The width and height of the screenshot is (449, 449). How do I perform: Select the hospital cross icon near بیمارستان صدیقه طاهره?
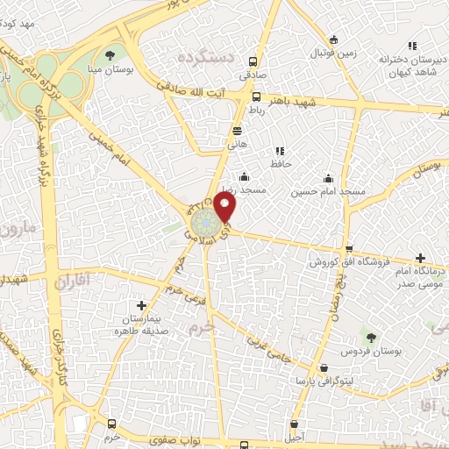click(x=141, y=305)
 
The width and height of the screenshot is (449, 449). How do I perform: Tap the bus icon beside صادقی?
click(x=253, y=62)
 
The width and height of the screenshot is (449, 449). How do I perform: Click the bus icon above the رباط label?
click(x=256, y=97)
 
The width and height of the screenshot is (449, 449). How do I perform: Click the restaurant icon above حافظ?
click(x=280, y=151)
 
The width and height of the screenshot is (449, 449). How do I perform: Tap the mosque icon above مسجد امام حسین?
click(x=328, y=177)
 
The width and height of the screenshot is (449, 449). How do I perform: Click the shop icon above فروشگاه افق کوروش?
click(x=350, y=248)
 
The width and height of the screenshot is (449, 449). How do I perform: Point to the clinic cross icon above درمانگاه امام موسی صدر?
click(x=421, y=259)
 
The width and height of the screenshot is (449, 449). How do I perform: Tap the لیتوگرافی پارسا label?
click(x=325, y=382)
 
